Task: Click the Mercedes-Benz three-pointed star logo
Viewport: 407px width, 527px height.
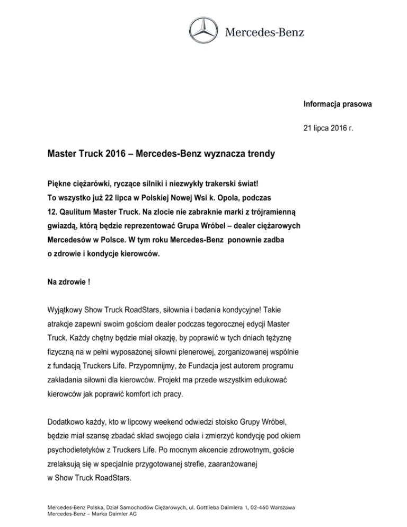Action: (203, 32)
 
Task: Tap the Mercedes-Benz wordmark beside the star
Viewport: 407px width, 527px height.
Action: (266, 32)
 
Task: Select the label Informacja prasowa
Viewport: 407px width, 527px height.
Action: (338, 104)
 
